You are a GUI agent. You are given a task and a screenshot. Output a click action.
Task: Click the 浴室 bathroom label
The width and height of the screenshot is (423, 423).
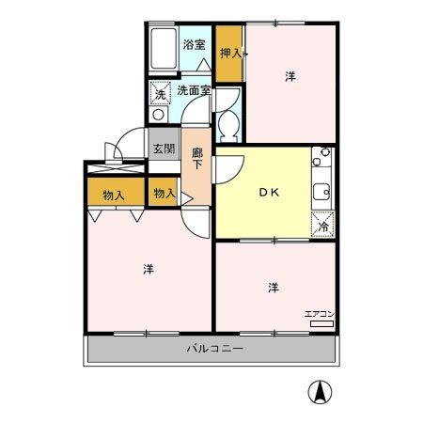pyautogui.click(x=194, y=44)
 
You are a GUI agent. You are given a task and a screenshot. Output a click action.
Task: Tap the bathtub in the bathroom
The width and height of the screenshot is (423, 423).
pyautogui.click(x=164, y=49)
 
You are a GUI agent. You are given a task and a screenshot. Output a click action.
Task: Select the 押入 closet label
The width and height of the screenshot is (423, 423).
pyautogui.click(x=231, y=54)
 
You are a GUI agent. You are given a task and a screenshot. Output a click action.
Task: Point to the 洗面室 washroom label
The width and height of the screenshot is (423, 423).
pyautogui.click(x=194, y=90)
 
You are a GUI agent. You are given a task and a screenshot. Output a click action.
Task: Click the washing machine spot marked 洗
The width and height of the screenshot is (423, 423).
pyautogui.click(x=160, y=93)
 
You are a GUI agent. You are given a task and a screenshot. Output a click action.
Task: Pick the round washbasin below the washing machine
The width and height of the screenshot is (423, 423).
pyautogui.click(x=159, y=115)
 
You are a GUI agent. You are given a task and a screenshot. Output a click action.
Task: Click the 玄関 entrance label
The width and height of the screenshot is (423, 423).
pyautogui.click(x=164, y=149)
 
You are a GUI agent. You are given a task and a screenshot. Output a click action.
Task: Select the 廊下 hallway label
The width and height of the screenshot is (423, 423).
pyautogui.click(x=197, y=159)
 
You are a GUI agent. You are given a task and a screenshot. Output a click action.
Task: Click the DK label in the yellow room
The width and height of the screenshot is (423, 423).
pyautogui.click(x=269, y=193)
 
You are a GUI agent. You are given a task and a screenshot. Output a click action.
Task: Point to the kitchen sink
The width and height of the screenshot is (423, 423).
pyautogui.click(x=321, y=192)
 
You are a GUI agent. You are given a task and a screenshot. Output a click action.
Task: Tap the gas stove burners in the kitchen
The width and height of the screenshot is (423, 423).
pyautogui.click(x=321, y=157)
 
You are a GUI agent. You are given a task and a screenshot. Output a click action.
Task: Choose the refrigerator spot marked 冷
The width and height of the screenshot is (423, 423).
pyautogui.click(x=322, y=224)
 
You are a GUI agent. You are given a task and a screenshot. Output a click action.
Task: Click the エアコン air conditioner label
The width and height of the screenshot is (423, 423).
pyautogui.click(x=320, y=314)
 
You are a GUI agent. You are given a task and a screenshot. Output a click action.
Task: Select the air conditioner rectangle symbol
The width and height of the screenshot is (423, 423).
pyautogui.click(x=321, y=324)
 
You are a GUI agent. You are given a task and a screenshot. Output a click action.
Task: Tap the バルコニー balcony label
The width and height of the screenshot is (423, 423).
pyautogui.click(x=215, y=349)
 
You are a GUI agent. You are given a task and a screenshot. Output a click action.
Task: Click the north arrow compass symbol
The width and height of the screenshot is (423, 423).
pyautogui.click(x=320, y=392)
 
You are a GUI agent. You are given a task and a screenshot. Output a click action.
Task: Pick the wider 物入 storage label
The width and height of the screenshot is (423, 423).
pyautogui.click(x=114, y=196)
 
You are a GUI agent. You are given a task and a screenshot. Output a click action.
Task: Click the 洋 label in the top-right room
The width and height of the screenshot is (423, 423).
pyautogui.click(x=290, y=76)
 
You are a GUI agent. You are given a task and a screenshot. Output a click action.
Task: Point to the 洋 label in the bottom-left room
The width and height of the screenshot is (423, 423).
pyautogui.click(x=149, y=269)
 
